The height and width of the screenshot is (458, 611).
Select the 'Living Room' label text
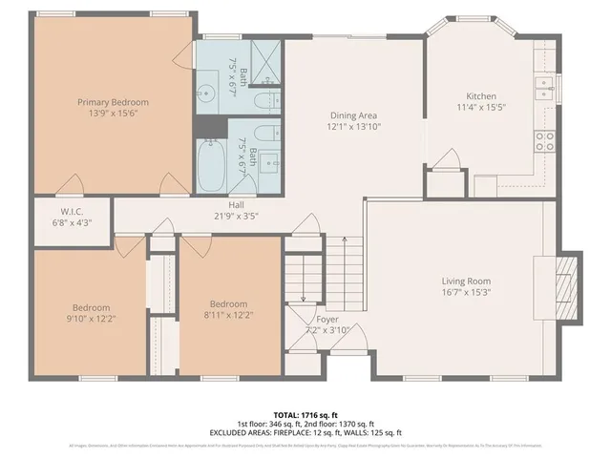point(465,281)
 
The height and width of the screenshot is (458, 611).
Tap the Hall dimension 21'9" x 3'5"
point(237,216)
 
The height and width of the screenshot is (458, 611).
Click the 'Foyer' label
point(327,319)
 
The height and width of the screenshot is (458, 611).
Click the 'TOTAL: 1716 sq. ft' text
point(305,415)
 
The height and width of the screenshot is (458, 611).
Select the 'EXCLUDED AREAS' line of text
point(305,432)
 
